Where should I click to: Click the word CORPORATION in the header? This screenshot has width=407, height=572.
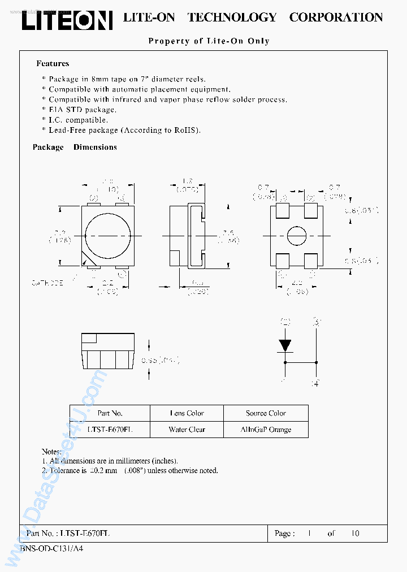pos(336,18)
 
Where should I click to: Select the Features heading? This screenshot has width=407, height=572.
pos(53,64)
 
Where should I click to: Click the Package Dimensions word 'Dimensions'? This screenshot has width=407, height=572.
pos(95,147)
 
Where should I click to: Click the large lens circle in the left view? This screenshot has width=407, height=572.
pos(108,235)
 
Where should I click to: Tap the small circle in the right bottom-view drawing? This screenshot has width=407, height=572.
pos(296,235)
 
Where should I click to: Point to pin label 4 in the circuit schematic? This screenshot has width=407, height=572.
pos(315,383)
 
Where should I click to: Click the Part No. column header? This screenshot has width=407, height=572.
pos(110,413)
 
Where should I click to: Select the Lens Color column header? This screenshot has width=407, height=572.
pos(187,413)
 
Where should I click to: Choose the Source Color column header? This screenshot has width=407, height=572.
pos(266,413)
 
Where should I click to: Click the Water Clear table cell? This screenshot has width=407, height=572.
pos(187,430)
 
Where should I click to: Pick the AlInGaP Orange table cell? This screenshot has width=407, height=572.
pos(266,430)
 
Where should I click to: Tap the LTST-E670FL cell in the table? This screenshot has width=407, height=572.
pos(110,430)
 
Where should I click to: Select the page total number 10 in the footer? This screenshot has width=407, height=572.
pos(355,533)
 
